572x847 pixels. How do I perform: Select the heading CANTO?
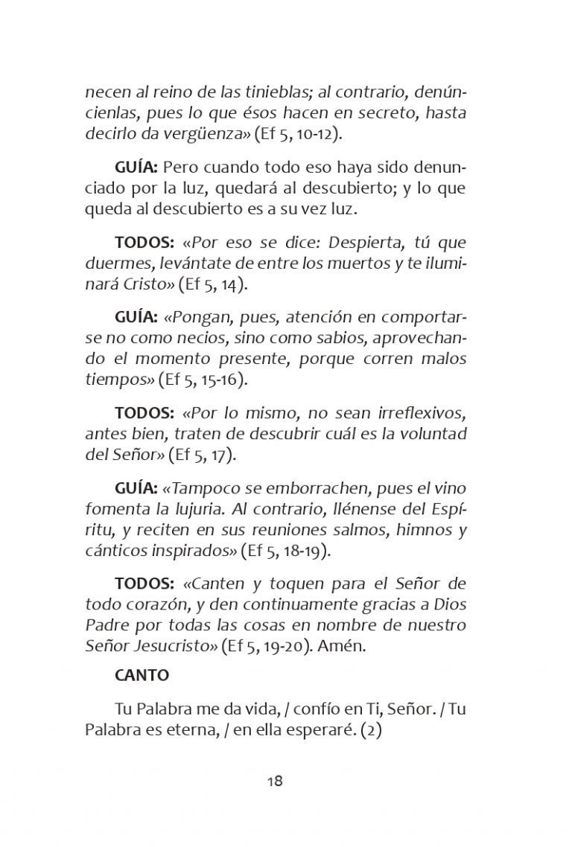(x=142, y=676)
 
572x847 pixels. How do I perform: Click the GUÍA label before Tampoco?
(x=136, y=488)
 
